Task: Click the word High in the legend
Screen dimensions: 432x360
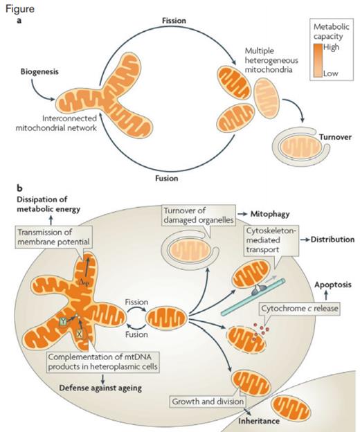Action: point(333,48)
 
